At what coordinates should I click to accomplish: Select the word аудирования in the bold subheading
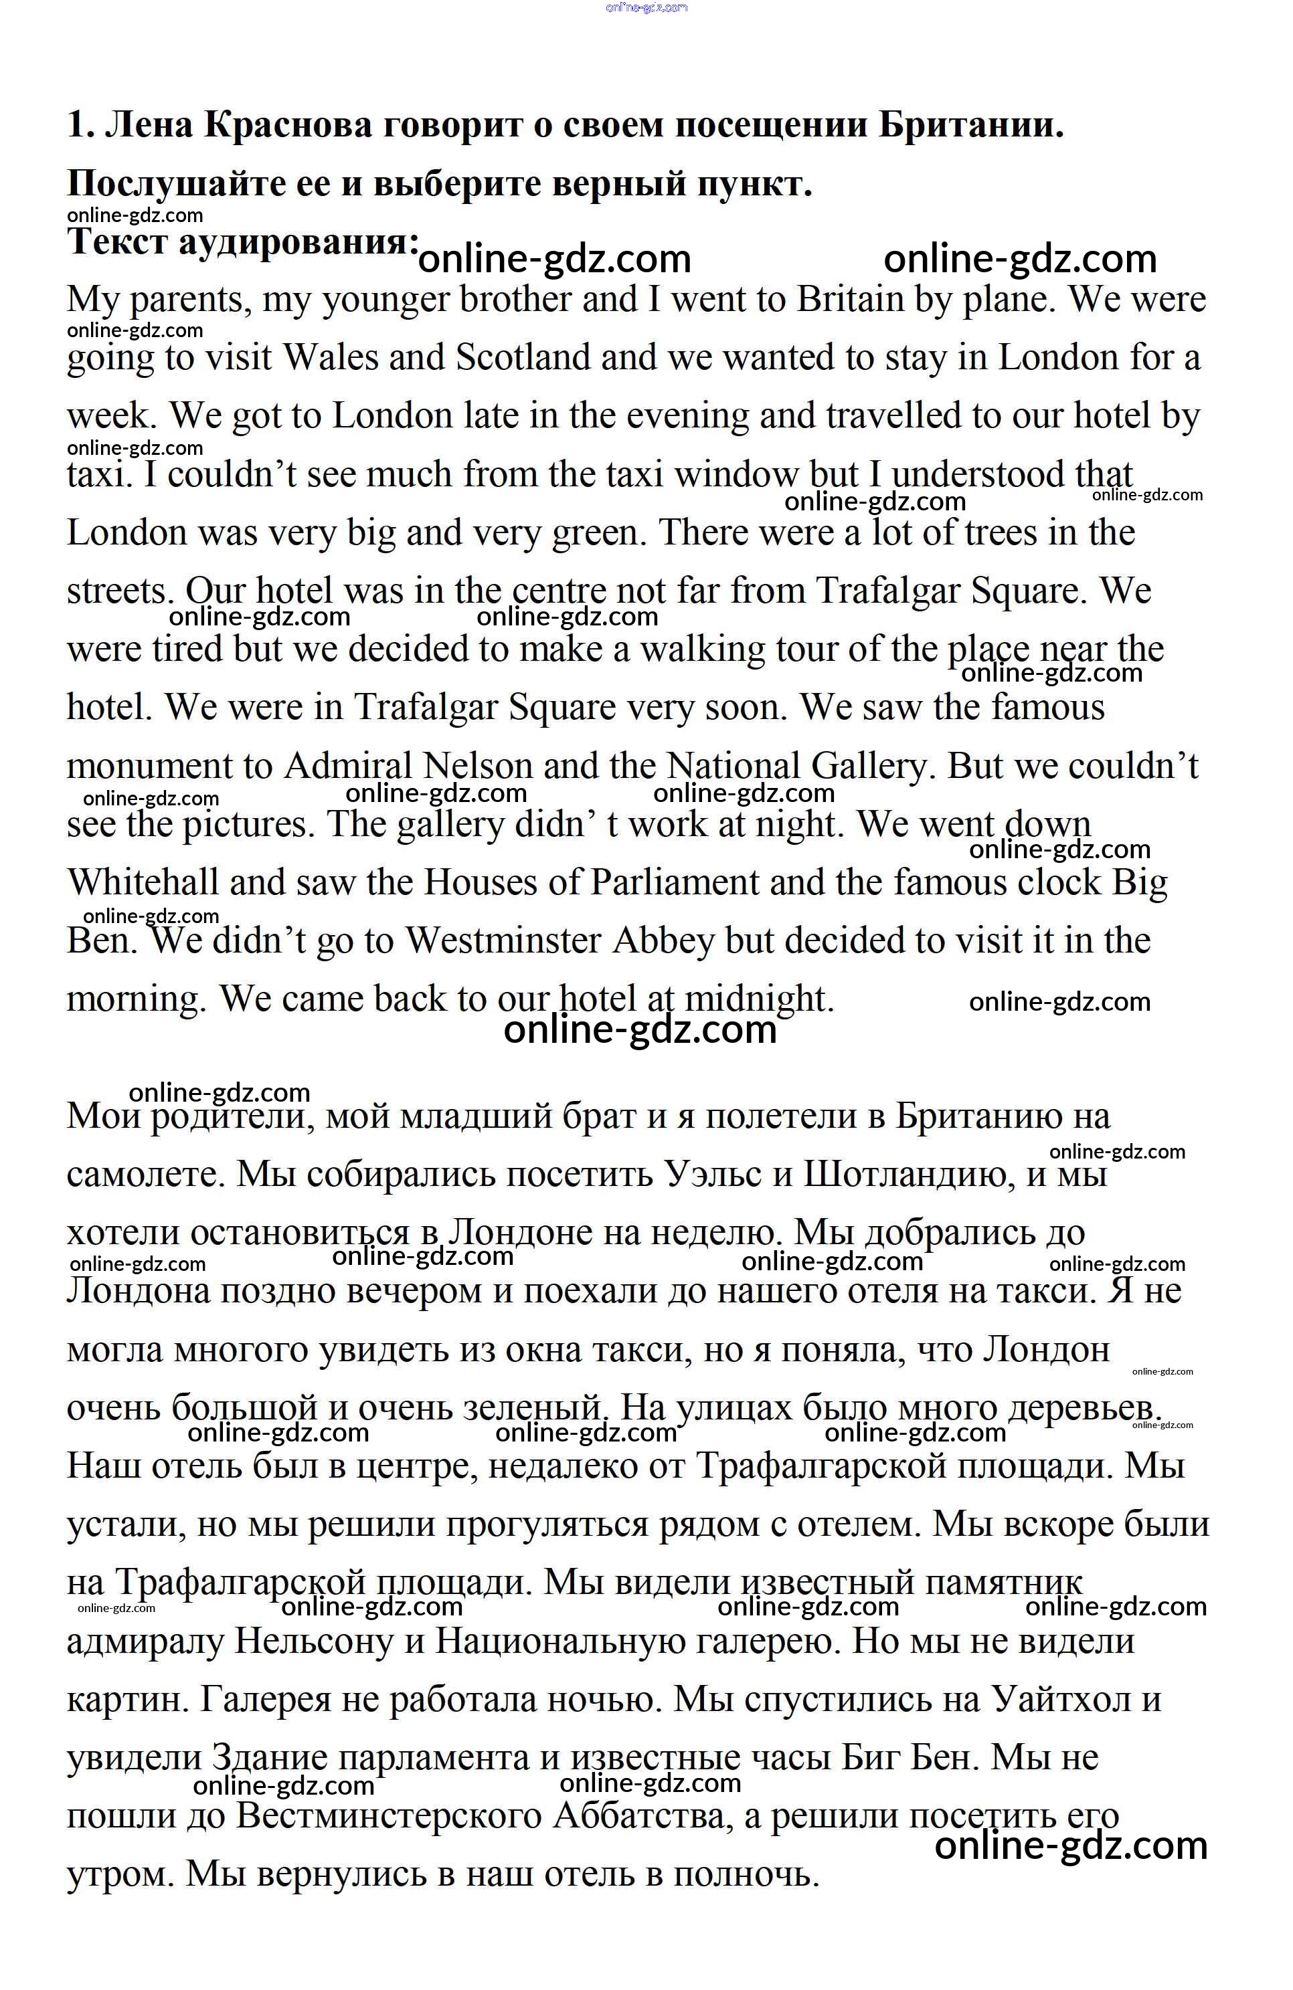click(298, 242)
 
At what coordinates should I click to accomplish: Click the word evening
click(687, 416)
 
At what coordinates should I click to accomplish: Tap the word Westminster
click(503, 940)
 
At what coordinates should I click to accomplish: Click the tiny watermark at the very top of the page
click(646, 7)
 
